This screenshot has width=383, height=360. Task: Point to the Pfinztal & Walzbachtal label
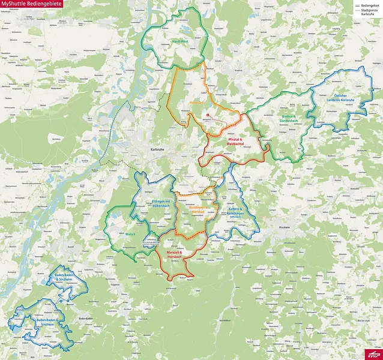[235, 142]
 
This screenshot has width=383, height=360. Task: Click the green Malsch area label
[130, 234]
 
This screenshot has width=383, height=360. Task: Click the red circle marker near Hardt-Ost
[208, 115]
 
